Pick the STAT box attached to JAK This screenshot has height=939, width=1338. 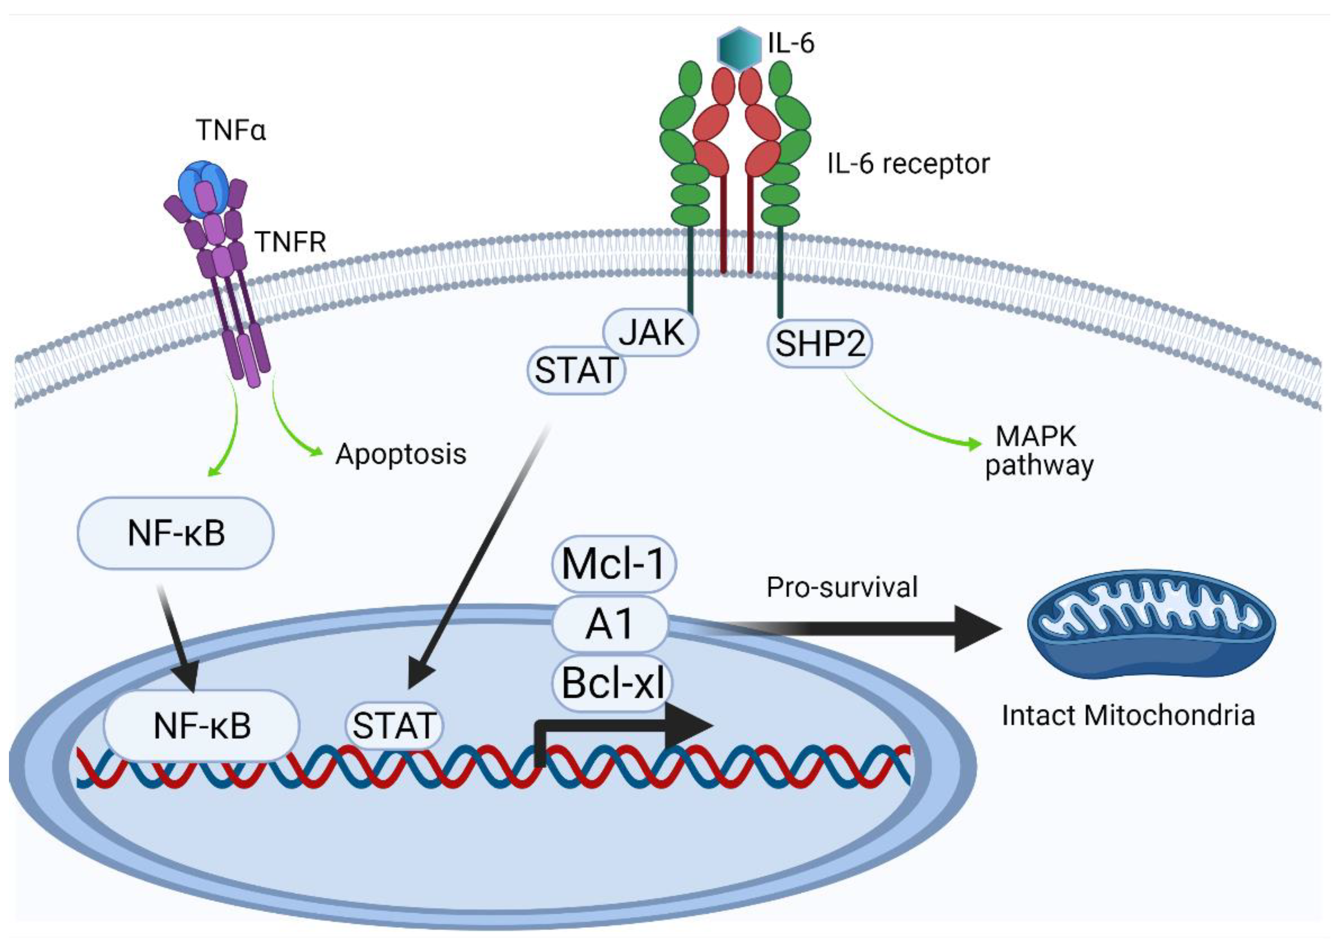[576, 370]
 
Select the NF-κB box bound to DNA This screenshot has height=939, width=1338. [202, 726]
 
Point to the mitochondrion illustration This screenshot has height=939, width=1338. [1150, 624]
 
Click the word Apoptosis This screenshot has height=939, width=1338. [401, 454]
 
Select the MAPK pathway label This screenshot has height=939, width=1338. [1038, 451]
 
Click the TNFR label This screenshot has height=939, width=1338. [291, 241]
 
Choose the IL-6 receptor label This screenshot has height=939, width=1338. [908, 164]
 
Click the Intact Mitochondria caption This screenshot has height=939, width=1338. [1128, 715]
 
